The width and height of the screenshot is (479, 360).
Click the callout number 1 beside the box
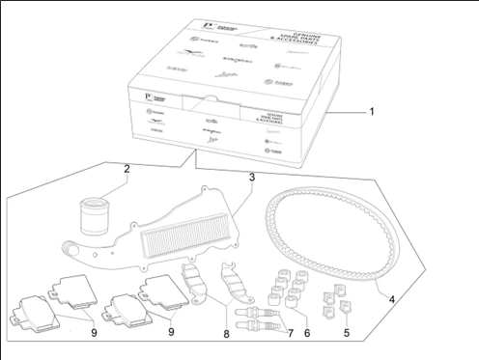pyautogui.click(x=370, y=111)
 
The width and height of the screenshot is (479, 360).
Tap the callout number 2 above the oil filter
pyautogui.click(x=127, y=170)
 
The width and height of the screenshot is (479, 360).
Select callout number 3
pyautogui.click(x=251, y=178)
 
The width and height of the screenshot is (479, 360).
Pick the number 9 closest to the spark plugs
pyautogui.click(x=171, y=331)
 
